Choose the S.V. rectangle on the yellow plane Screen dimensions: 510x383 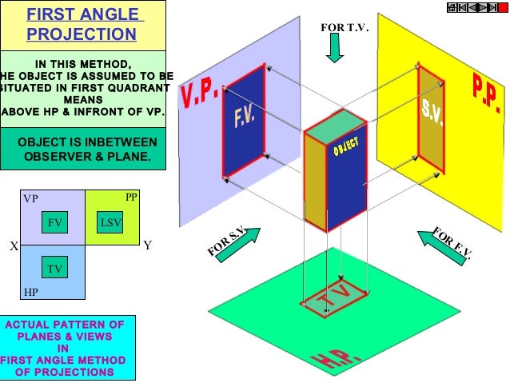click(432, 120)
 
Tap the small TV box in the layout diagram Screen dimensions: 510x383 click(55, 268)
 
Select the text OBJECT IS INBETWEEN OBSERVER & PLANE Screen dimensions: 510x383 click(83, 150)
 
